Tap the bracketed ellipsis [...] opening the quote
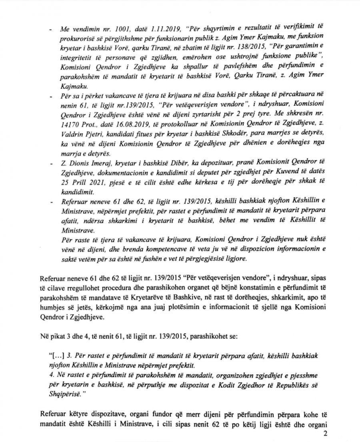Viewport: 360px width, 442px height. tap(54, 356)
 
